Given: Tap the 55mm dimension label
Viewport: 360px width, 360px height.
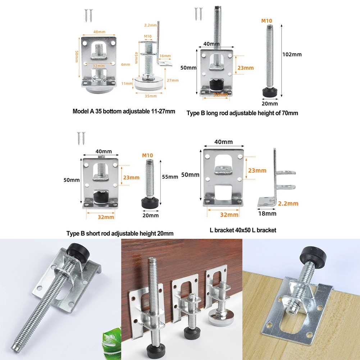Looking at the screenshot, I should coord(170,177).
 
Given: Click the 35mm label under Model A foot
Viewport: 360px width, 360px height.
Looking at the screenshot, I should coord(151,96).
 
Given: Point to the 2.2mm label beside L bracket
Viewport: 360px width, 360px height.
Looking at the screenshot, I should coord(288,204).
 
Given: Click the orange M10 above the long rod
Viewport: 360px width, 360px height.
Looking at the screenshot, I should coord(266,21).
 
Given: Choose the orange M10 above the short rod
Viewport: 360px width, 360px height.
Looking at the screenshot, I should coord(147,155).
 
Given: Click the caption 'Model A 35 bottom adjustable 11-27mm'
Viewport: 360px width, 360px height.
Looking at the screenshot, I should coord(124,111).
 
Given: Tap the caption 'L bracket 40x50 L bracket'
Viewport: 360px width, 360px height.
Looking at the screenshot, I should coord(243,230).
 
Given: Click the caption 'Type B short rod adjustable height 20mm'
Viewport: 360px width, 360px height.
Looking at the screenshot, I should coord(120,233).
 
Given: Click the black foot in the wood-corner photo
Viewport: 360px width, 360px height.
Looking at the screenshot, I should coord(311,256).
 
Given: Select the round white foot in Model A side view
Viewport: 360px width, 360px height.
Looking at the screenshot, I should coord(149,84).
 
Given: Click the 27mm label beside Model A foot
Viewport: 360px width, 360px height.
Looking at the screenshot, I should coord(173,80).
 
